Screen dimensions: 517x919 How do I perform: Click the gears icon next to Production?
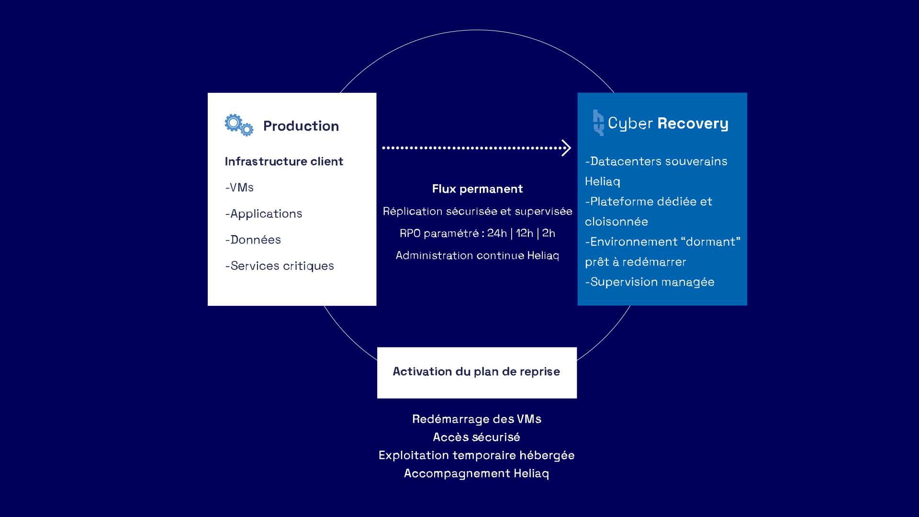(238, 125)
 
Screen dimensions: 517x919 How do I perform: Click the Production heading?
(301, 126)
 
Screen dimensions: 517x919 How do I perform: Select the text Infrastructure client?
(284, 161)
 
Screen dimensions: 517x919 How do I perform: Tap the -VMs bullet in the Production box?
(239, 188)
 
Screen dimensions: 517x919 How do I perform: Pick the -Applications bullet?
(264, 214)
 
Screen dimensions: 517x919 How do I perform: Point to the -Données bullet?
(253, 240)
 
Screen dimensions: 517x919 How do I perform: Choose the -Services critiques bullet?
(280, 266)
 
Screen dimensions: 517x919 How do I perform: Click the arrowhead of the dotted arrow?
(566, 148)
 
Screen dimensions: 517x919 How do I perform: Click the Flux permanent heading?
(477, 189)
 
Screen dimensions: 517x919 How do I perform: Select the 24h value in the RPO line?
(497, 233)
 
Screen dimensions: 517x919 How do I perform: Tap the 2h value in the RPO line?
(549, 233)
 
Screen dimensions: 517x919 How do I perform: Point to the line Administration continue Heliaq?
(477, 256)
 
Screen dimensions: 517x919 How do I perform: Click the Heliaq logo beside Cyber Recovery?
(598, 123)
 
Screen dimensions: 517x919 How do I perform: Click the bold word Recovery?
(693, 124)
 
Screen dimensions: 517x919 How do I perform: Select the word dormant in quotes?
(710, 242)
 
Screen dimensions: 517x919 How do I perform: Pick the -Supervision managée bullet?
(650, 282)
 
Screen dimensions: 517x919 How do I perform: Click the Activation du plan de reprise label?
(476, 371)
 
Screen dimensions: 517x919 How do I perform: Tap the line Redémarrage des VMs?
(477, 419)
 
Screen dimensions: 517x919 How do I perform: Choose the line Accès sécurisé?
(477, 437)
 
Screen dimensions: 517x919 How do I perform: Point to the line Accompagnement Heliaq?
(477, 473)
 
